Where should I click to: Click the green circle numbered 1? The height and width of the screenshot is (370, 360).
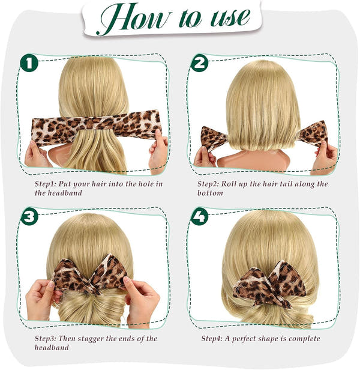pyautogui.click(x=29, y=62)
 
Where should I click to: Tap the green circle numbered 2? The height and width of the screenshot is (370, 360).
pyautogui.click(x=200, y=62)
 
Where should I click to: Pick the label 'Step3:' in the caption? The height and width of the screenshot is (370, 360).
pyautogui.click(x=47, y=339)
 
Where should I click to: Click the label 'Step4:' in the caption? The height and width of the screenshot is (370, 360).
pyautogui.click(x=214, y=339)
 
